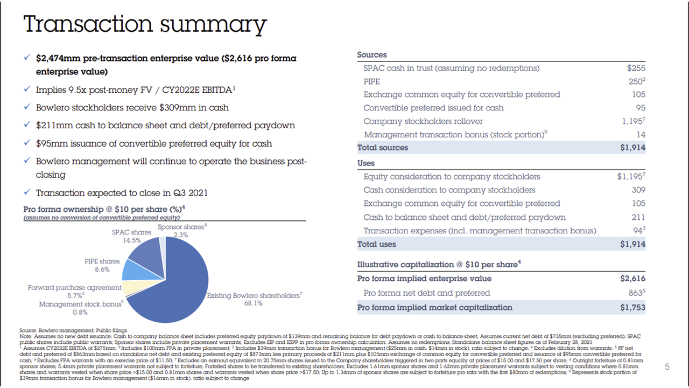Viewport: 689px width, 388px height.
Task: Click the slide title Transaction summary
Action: [x=145, y=25]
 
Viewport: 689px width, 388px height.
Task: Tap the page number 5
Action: [x=667, y=367]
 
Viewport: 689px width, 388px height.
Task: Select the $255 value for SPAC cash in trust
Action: [x=636, y=68]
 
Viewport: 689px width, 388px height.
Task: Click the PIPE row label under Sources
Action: [x=371, y=81]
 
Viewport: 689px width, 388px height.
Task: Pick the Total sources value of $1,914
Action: [x=632, y=148]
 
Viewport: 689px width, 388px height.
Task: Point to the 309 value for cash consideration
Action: [x=638, y=190]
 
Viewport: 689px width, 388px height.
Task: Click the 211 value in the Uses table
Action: [x=638, y=217]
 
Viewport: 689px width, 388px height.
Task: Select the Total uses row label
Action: [x=376, y=244]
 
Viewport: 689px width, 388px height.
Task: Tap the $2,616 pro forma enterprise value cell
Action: [x=632, y=279]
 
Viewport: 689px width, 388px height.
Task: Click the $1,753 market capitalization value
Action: [x=632, y=307]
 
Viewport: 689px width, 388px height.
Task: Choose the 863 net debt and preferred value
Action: [x=636, y=293]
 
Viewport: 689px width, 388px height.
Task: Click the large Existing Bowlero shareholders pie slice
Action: [x=172, y=291]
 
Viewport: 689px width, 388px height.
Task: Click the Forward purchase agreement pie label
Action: [x=75, y=288]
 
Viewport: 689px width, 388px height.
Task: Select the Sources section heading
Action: [x=371, y=55]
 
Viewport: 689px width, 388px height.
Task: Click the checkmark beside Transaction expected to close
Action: [x=27, y=192]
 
